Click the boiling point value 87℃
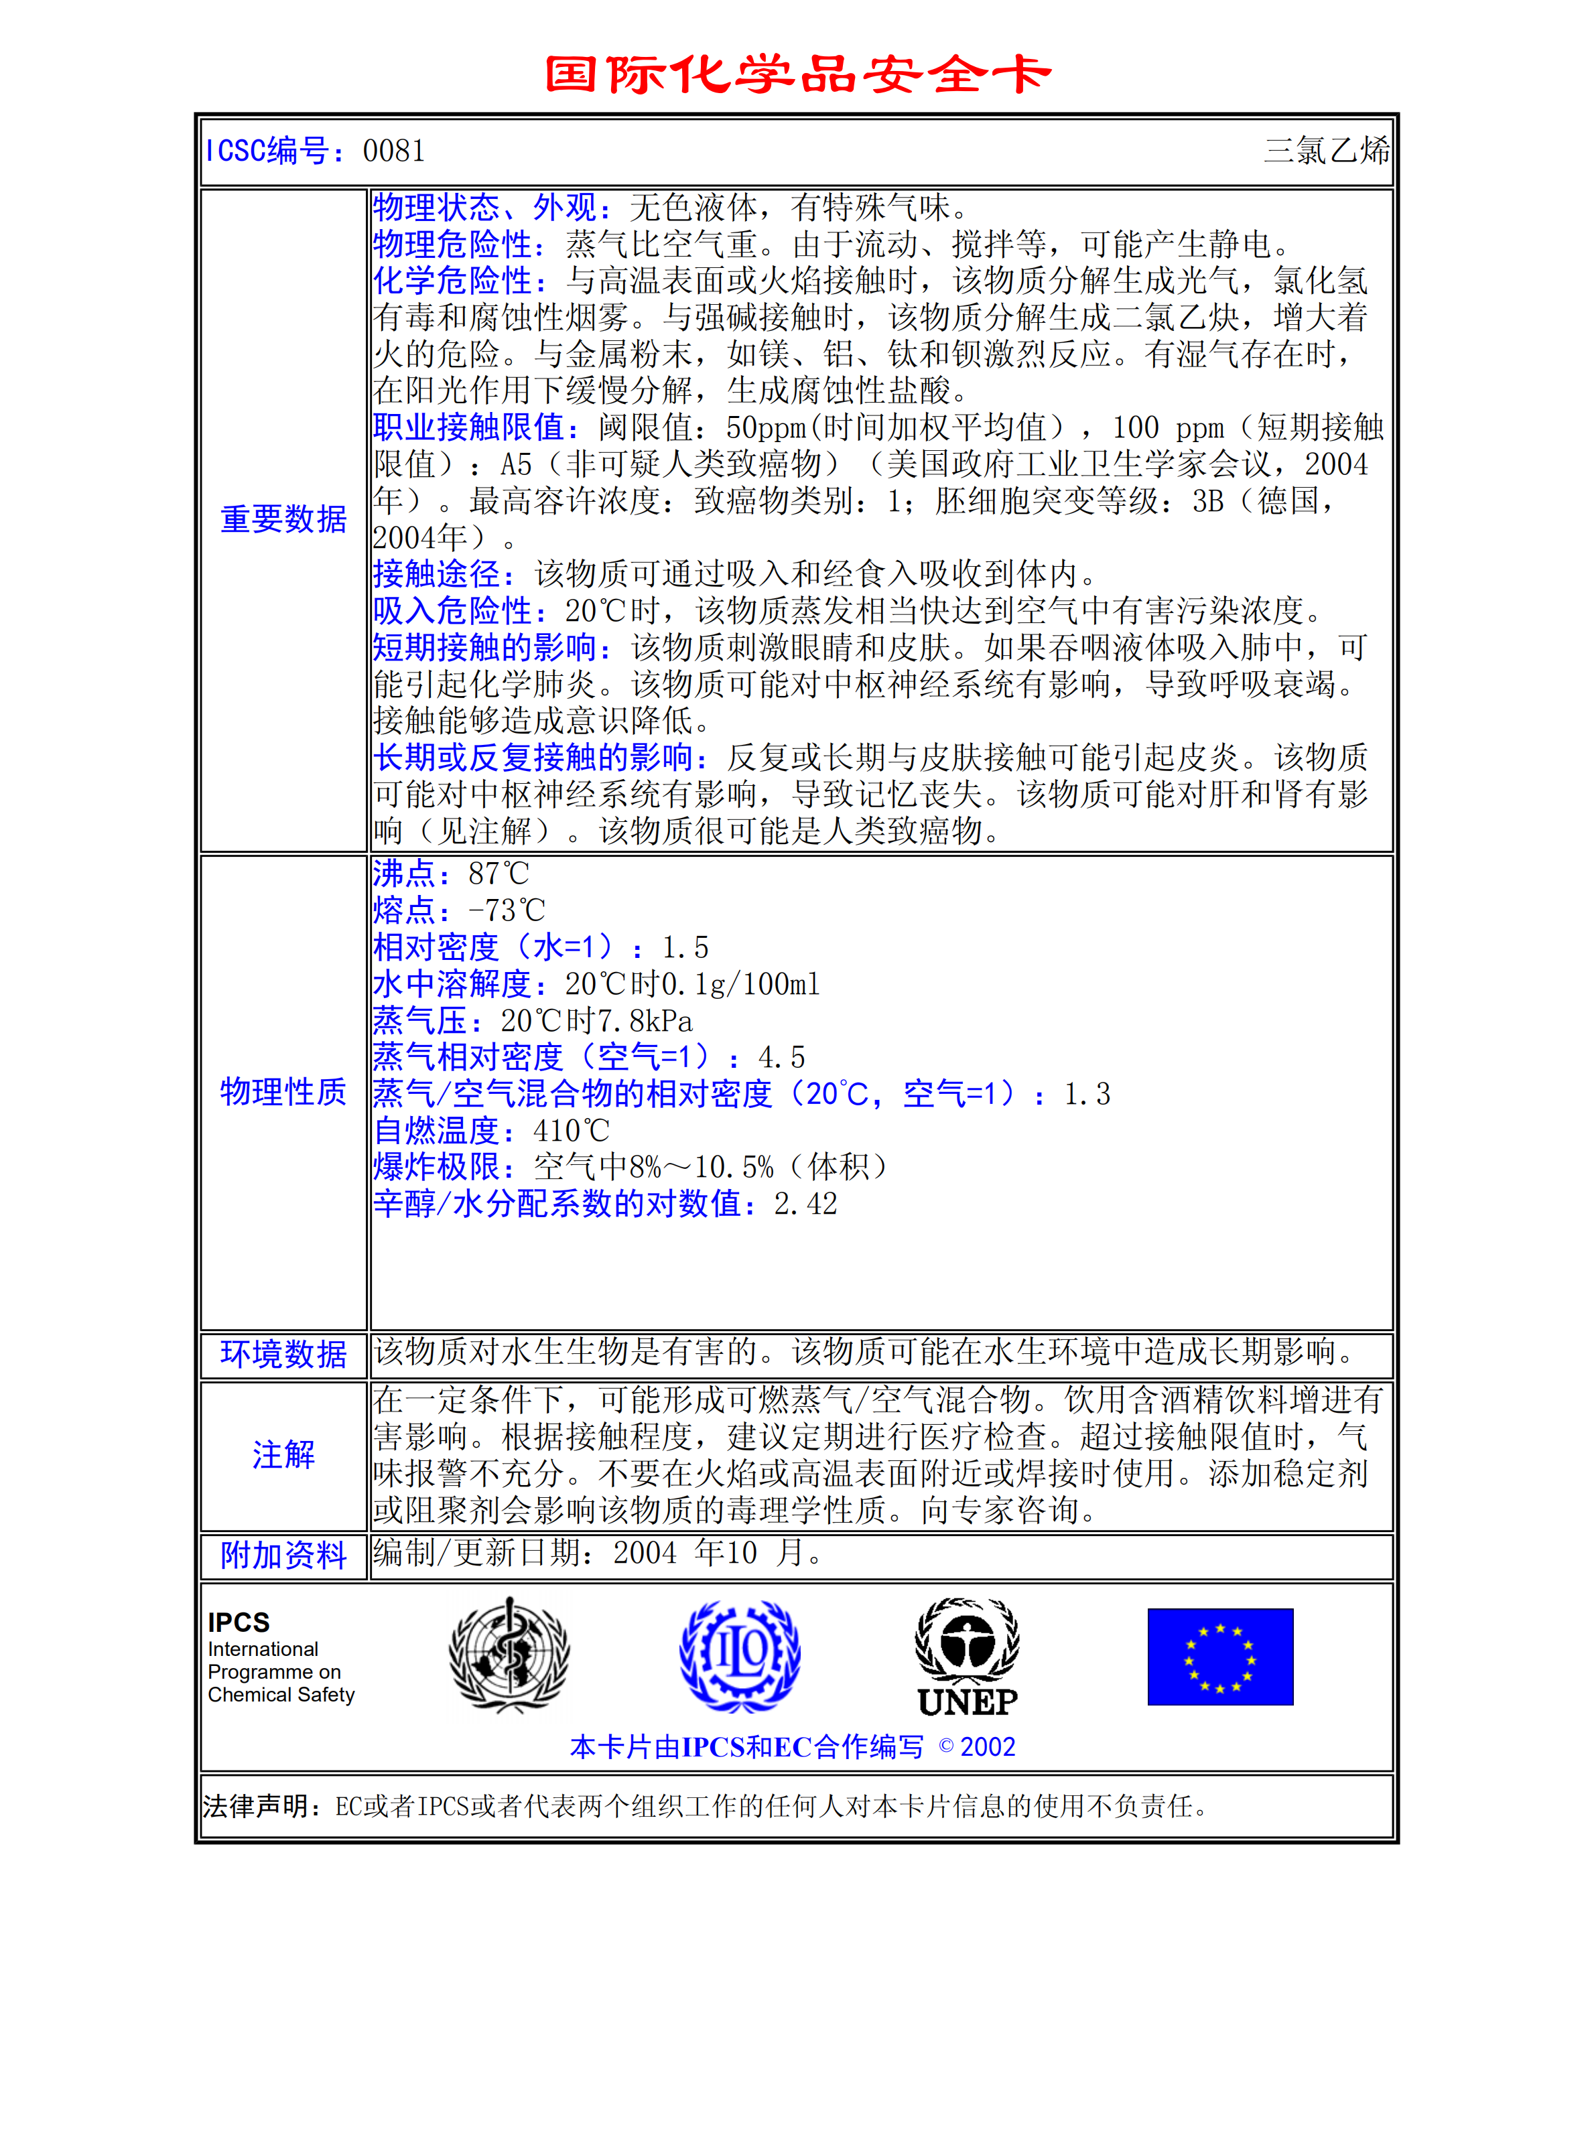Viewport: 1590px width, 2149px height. [x=499, y=874]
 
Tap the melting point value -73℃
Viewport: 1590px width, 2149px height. [x=507, y=910]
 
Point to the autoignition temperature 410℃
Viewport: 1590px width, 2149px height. [x=571, y=1131]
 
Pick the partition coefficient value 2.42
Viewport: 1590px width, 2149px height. [x=805, y=1204]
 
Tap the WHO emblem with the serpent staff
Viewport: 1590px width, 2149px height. [x=509, y=1655]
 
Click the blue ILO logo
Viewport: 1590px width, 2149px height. [x=739, y=1655]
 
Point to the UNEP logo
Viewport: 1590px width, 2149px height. [x=968, y=1658]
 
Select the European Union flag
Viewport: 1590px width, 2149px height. [x=1219, y=1657]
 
